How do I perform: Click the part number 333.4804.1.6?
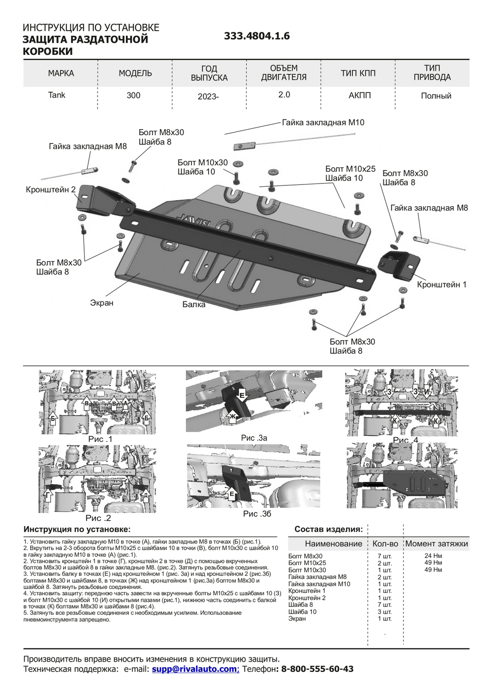[256, 36]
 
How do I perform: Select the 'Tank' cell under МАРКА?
[57, 95]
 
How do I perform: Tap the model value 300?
[133, 96]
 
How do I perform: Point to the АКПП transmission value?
[360, 95]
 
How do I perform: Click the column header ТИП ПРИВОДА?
[432, 73]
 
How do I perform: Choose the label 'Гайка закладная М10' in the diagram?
[323, 123]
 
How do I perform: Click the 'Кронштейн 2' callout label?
[51, 190]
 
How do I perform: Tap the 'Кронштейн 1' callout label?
[441, 284]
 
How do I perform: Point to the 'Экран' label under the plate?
[102, 303]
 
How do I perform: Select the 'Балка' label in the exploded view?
[194, 305]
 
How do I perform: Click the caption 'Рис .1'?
[100, 439]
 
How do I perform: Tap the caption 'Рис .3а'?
[254, 438]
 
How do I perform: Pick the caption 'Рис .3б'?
[257, 514]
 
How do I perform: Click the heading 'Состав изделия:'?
[329, 529]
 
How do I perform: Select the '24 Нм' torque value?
[433, 556]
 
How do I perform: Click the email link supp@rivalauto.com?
[195, 669]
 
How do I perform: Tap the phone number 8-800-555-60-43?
[317, 669]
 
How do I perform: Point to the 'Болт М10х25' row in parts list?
[307, 563]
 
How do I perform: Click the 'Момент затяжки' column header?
[436, 544]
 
